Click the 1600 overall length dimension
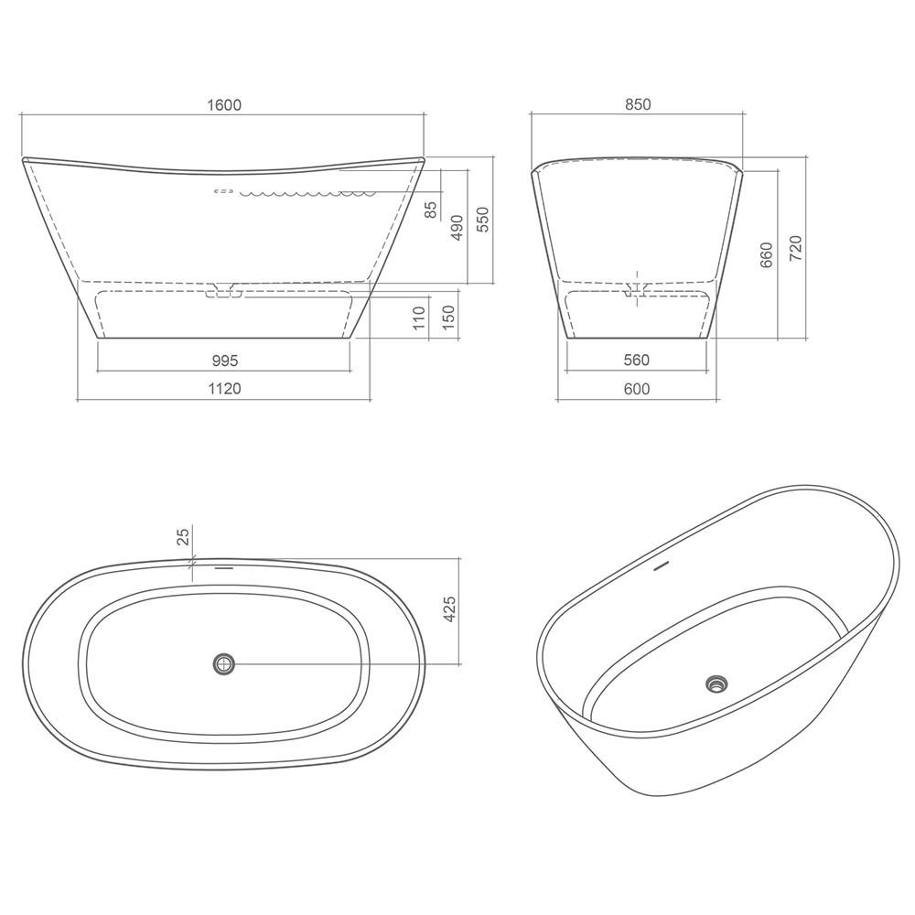(x=223, y=104)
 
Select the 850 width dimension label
(x=637, y=104)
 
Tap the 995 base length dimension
(x=223, y=361)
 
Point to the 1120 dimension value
(x=223, y=389)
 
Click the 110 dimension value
(x=420, y=318)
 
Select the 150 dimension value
(x=448, y=318)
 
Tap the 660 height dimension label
(x=767, y=253)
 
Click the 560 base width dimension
(x=637, y=361)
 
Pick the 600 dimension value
(x=637, y=389)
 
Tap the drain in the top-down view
(x=223, y=662)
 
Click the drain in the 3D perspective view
(x=717, y=683)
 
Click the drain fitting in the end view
(x=637, y=289)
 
